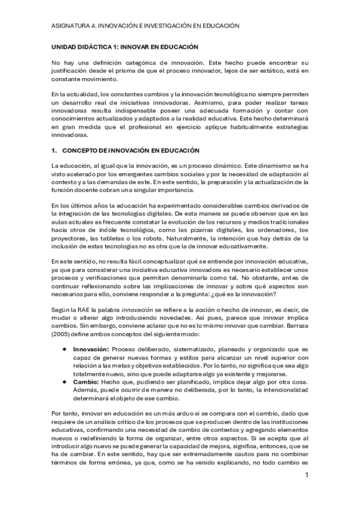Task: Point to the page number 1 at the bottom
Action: click(307, 475)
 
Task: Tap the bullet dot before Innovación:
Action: click(64, 349)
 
